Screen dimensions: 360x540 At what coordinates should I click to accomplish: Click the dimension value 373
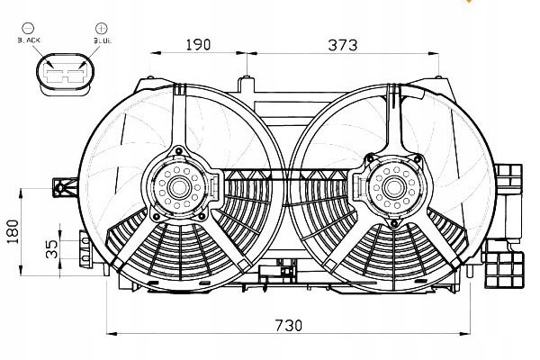coord(342,42)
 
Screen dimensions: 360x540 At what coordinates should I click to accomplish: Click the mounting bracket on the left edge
coord(64,187)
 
